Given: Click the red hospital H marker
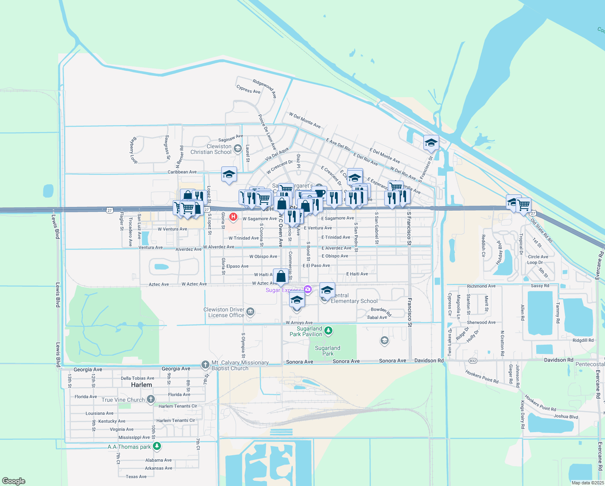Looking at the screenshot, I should click(x=233, y=217).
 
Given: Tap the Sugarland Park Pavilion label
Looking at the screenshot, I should click(x=306, y=331).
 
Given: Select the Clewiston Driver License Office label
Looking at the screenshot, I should click(x=224, y=312).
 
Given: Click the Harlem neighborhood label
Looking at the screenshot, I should click(x=142, y=385).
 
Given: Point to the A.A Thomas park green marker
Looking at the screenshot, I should click(x=157, y=446).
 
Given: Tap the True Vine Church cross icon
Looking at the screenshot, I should click(x=150, y=399).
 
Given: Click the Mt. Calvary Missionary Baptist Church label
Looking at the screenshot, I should click(x=240, y=365).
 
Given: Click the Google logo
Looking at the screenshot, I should click(x=13, y=481).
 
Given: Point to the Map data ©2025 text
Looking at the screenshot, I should click(x=588, y=483).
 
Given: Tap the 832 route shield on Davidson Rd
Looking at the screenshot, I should click(x=473, y=360).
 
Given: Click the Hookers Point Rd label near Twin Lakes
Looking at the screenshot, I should click(x=482, y=377).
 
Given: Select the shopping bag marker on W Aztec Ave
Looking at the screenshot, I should click(x=281, y=277).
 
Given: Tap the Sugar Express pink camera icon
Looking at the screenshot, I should click(x=308, y=289).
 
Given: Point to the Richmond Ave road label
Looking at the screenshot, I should click(x=481, y=286).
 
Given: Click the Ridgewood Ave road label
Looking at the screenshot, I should click(x=264, y=88).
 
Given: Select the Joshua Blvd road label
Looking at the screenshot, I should click(x=566, y=416).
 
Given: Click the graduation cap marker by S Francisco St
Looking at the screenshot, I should click(x=431, y=143).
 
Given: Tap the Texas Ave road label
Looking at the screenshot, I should click(x=136, y=477).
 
